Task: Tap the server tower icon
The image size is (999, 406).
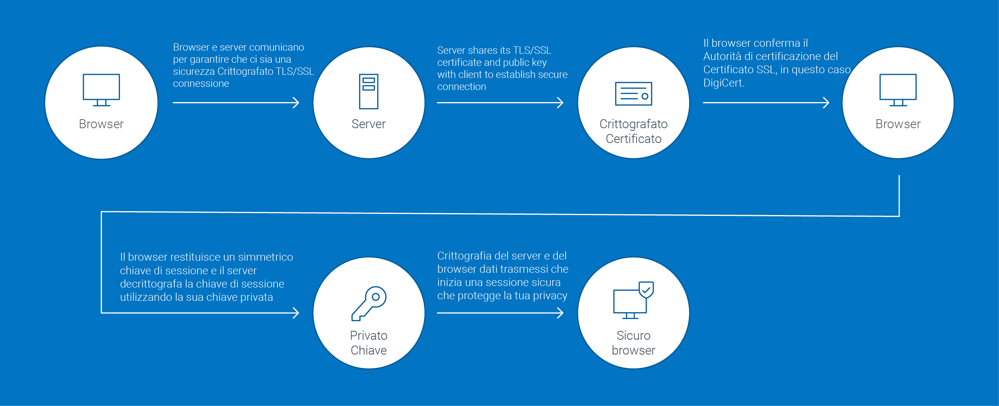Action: [x=368, y=91]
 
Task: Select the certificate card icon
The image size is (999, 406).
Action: [x=633, y=94]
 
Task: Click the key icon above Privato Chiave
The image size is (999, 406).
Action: [x=368, y=304]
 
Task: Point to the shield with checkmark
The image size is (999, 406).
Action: [x=646, y=289]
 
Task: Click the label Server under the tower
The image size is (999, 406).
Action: [x=368, y=124]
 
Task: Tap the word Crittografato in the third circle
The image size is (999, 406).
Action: [x=633, y=124]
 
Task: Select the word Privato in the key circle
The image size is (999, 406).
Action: [x=368, y=335]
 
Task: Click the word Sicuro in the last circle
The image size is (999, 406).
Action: [x=633, y=335]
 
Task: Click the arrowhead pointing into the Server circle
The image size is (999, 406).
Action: [x=296, y=103]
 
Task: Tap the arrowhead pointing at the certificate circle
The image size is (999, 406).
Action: [x=561, y=103]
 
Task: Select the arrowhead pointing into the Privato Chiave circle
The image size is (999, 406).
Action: [x=296, y=313]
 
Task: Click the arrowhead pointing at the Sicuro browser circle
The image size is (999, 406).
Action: [x=561, y=313]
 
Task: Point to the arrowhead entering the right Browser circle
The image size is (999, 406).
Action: [x=826, y=103]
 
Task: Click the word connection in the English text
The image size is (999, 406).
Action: [x=461, y=86]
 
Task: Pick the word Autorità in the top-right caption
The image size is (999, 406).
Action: [x=722, y=56]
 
